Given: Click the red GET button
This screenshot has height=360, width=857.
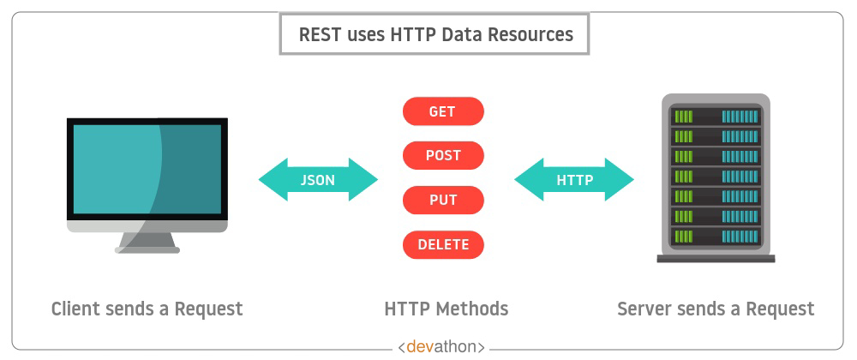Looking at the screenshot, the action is point(443,111).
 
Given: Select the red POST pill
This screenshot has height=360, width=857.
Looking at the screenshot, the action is point(443,156).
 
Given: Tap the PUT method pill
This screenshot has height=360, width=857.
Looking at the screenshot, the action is point(443,200).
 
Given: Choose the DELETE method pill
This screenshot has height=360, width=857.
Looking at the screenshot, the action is point(443,244).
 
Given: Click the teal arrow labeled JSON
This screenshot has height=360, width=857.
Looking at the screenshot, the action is point(318,180).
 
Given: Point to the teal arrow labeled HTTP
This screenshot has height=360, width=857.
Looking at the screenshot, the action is point(574,180).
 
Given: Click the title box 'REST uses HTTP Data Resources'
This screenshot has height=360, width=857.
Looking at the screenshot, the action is point(434,34).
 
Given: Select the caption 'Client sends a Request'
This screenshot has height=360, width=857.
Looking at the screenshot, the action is point(147,309).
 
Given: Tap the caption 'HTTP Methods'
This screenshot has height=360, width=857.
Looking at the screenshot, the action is point(446,309).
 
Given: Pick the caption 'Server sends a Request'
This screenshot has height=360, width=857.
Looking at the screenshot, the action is point(716,309).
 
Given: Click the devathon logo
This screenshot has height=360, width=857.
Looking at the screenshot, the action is point(441,346).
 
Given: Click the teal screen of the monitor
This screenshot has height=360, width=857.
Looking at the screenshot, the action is point(147,169).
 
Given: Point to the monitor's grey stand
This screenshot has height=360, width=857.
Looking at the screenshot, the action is point(147,243).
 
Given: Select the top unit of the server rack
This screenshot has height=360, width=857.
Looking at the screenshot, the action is point(716,117).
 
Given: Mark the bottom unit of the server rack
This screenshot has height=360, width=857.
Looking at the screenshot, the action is point(716,237).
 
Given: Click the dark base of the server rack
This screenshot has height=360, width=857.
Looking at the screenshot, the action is point(716,259).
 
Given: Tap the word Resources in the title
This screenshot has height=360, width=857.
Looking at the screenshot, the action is point(530,34).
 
